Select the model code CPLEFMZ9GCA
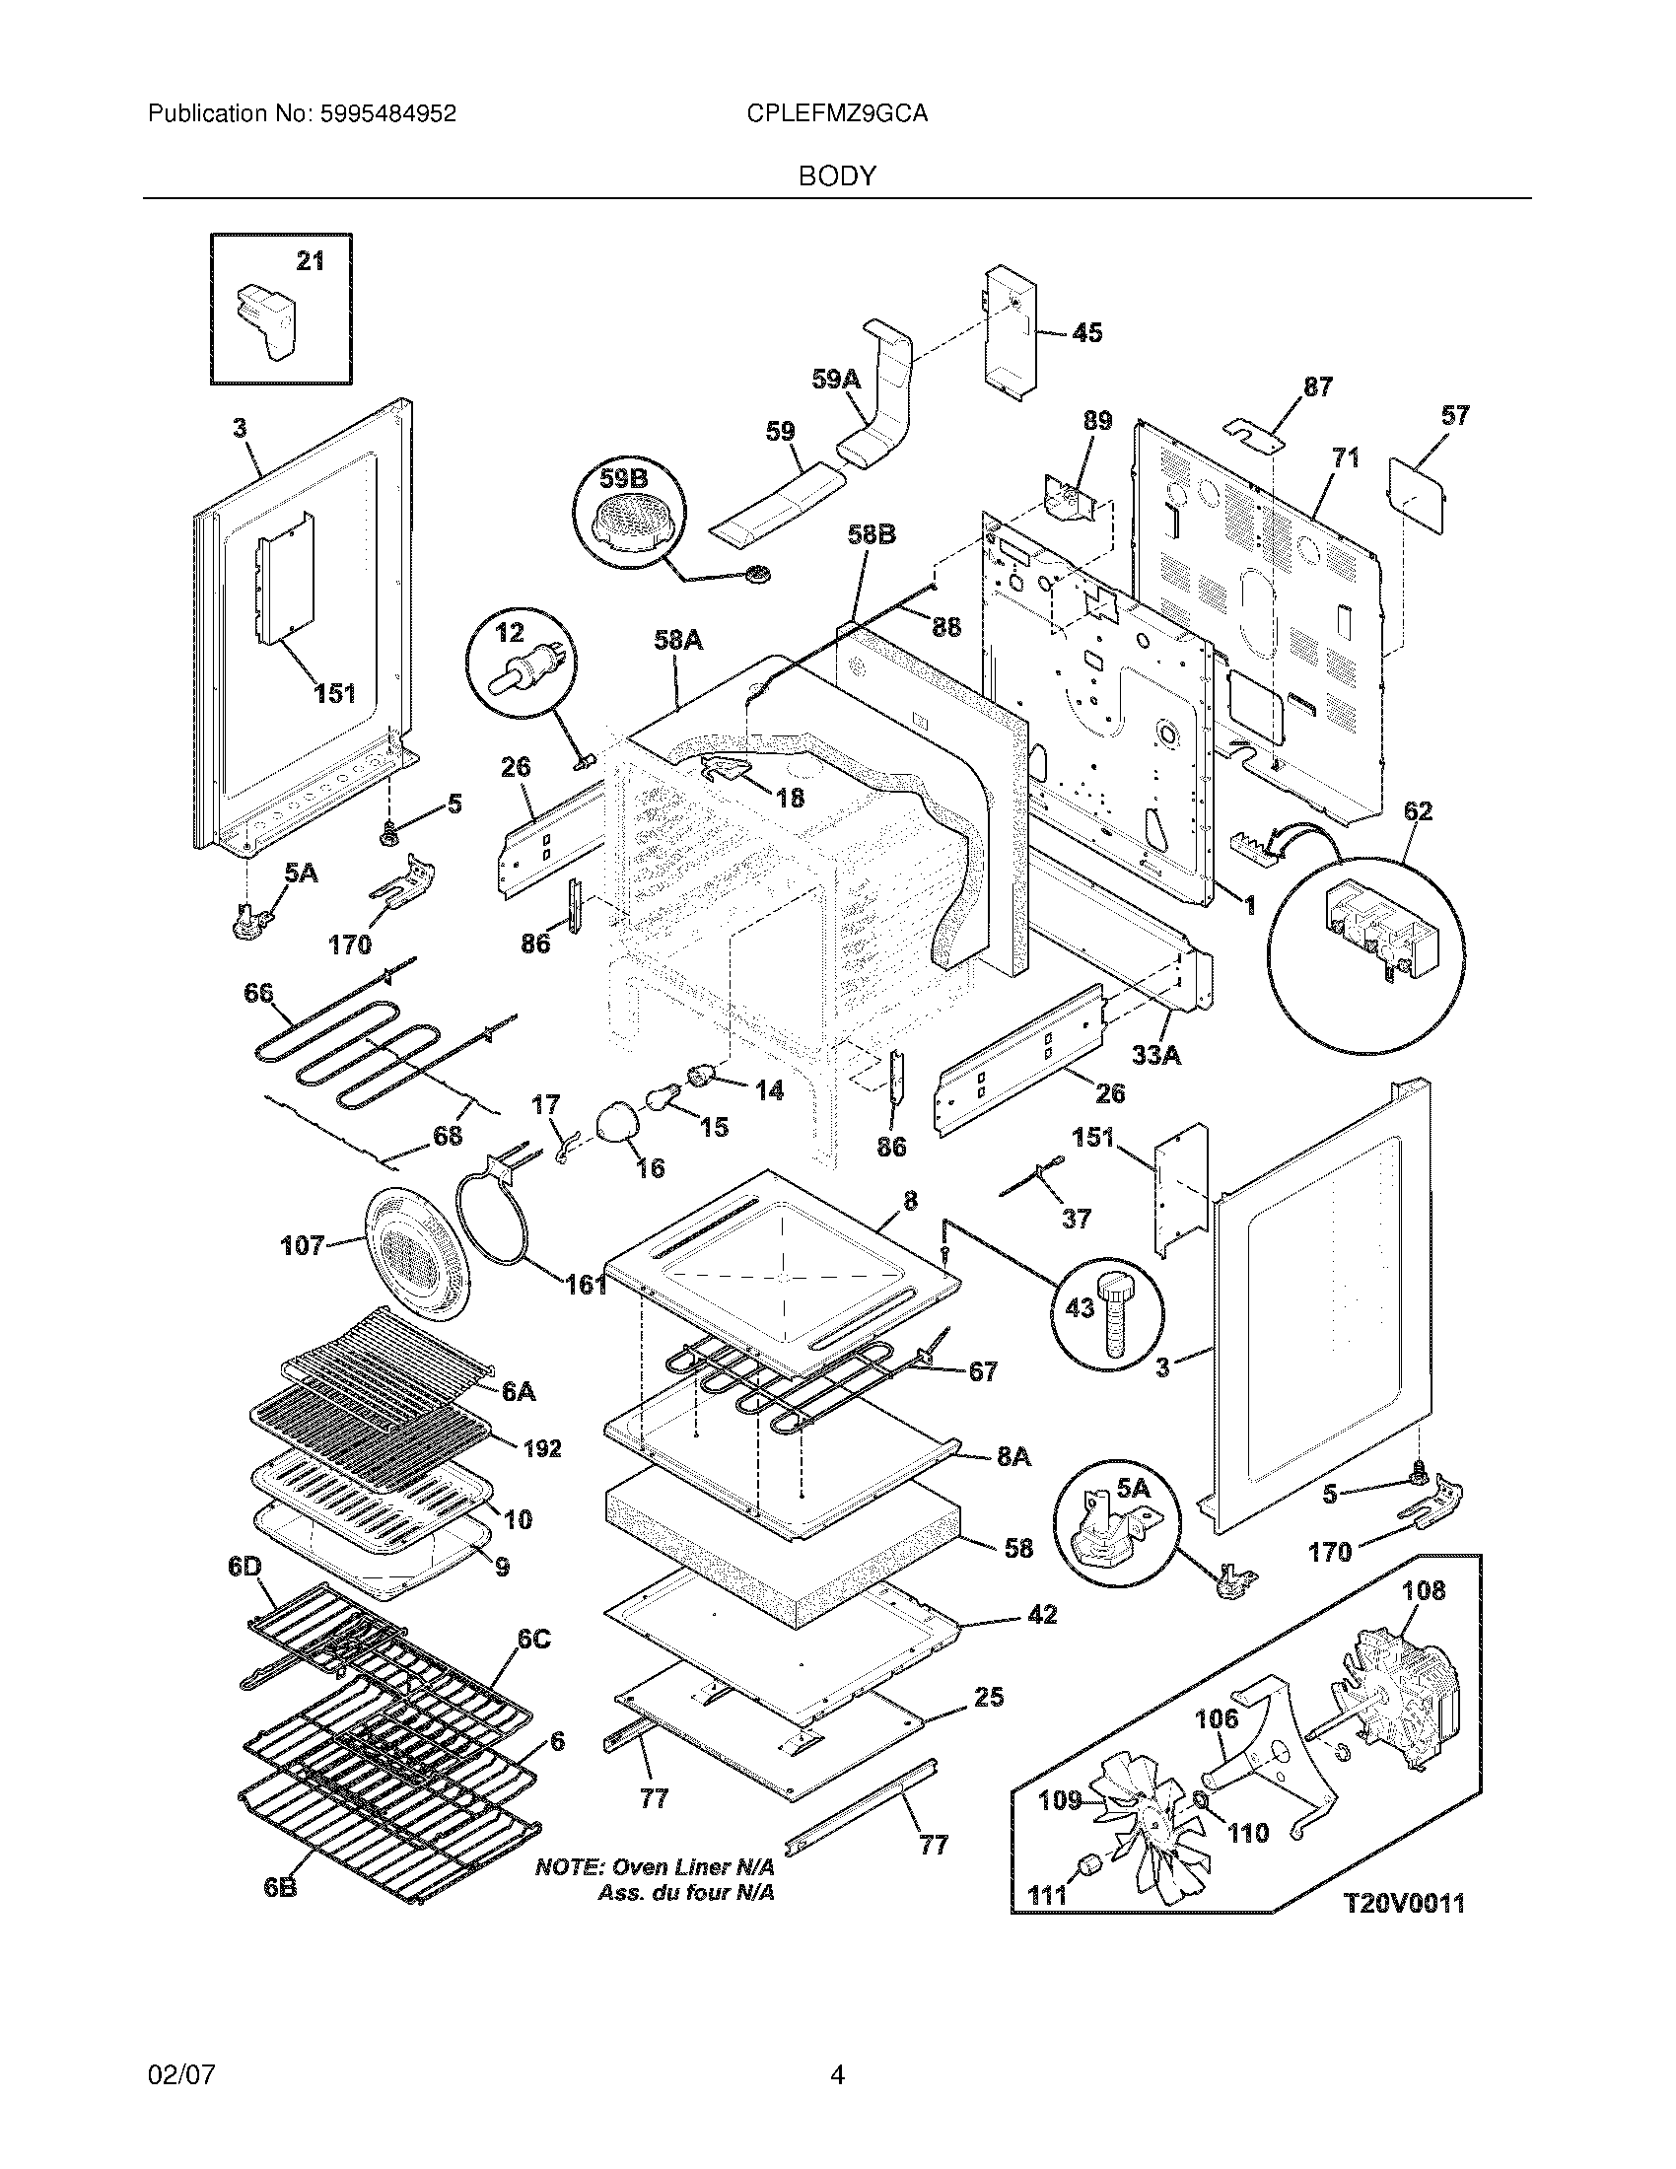[x=837, y=114]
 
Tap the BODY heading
[x=837, y=176]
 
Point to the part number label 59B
[x=624, y=479]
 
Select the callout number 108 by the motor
[x=1423, y=1590]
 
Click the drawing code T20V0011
[x=1404, y=1903]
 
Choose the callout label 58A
[x=678, y=642]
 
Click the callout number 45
[x=1087, y=332]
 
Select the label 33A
[x=1156, y=1055]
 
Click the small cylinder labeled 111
[x=1090, y=1865]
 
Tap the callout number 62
[x=1418, y=811]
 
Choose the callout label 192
[x=542, y=1449]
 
